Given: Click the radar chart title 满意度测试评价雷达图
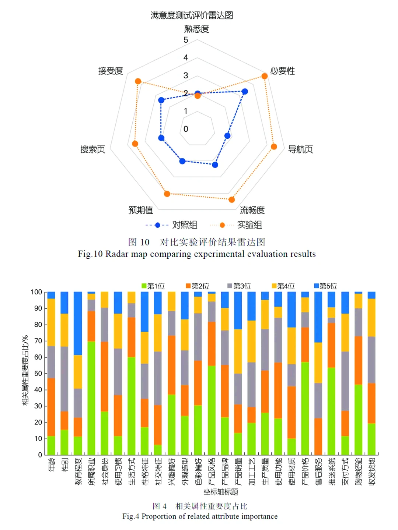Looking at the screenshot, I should (192, 15).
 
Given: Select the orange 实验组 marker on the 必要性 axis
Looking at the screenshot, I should (264, 76).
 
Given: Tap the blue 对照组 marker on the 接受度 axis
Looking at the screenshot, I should (161, 100).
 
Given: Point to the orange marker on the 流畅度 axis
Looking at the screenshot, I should (231, 199).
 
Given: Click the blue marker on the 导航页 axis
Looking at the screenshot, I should (227, 136).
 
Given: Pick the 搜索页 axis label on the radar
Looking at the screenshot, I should (93, 149).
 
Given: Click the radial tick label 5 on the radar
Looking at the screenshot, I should (186, 40).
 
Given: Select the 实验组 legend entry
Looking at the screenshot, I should (249, 225).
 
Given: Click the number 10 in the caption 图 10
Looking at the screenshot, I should (145, 242).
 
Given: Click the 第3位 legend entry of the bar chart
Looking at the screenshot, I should (242, 286).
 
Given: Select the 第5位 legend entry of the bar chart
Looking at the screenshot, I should (328, 286).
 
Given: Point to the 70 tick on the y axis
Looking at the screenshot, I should (38, 341).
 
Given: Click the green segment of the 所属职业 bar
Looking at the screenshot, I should (91, 397).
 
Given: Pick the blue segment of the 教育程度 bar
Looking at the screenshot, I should (78, 323).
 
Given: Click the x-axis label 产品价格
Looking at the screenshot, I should (305, 472).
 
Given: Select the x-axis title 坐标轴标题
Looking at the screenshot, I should (221, 492).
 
